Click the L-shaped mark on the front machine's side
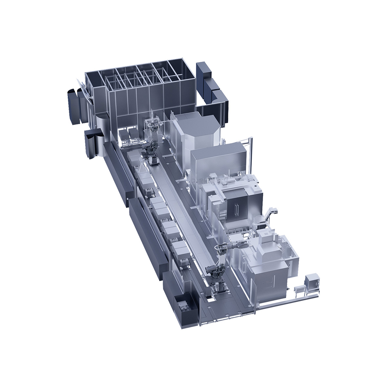coord(272,281)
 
